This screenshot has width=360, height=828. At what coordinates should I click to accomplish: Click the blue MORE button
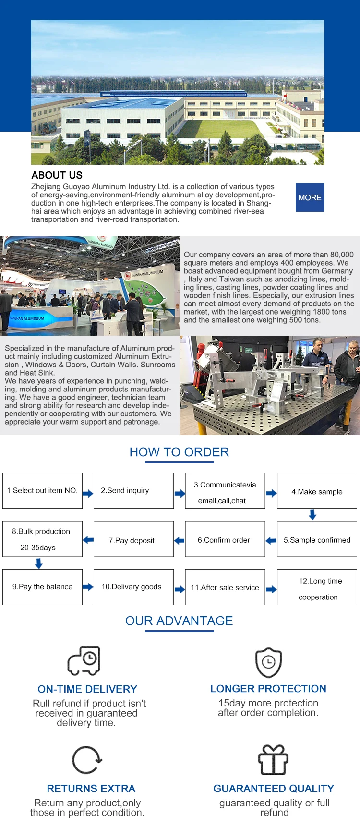click(x=310, y=197)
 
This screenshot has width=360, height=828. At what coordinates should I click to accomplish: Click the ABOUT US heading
click(x=57, y=175)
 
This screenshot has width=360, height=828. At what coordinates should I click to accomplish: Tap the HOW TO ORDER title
click(x=179, y=452)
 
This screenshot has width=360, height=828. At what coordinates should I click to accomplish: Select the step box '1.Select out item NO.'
click(x=42, y=490)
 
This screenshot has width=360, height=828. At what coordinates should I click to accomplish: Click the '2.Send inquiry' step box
click(x=133, y=490)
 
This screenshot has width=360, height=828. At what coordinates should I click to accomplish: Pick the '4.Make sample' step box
click(x=317, y=491)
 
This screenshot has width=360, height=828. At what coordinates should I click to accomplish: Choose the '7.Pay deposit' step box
click(x=133, y=540)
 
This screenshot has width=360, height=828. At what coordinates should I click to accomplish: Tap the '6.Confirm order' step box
click(x=225, y=540)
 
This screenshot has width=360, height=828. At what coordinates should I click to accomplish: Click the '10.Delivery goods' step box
click(x=133, y=587)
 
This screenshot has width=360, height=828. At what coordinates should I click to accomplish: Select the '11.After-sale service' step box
click(x=225, y=587)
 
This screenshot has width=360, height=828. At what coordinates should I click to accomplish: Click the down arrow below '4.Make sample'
click(x=312, y=515)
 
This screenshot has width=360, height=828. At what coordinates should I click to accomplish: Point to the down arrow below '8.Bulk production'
click(x=39, y=563)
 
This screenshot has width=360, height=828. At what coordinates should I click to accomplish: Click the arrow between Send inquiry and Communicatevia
click(x=180, y=493)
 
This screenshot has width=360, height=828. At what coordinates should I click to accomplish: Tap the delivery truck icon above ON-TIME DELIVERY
click(x=84, y=661)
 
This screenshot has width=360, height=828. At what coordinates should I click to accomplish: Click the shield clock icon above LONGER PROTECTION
click(x=268, y=663)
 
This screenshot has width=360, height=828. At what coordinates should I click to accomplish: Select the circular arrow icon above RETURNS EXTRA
click(x=87, y=760)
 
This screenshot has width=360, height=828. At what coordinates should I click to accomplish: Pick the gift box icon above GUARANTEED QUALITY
click(x=273, y=760)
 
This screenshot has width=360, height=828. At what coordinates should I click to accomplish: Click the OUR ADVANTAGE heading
click(x=179, y=621)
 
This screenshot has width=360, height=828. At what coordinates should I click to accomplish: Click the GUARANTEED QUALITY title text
click(x=274, y=788)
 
